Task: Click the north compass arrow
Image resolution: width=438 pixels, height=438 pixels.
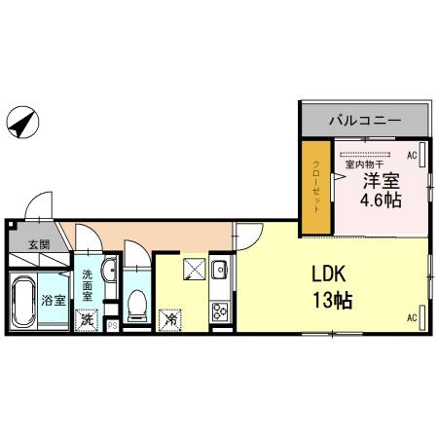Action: tap(22, 123)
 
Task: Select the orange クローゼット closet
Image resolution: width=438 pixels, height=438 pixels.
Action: tap(316, 187)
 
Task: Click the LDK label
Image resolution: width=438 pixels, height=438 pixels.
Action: tap(330, 274)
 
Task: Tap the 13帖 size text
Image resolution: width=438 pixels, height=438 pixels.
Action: tap(331, 301)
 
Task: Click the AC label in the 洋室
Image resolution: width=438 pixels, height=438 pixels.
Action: tap(411, 155)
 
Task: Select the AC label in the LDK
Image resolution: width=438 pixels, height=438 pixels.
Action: tap(411, 318)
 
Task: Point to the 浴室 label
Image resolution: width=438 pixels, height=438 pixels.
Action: tap(54, 301)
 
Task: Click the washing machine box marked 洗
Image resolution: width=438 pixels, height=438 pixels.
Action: tap(88, 319)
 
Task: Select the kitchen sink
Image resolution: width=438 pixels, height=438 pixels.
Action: tap(219, 271)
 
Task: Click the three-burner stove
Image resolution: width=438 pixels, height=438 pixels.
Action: tap(219, 312)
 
